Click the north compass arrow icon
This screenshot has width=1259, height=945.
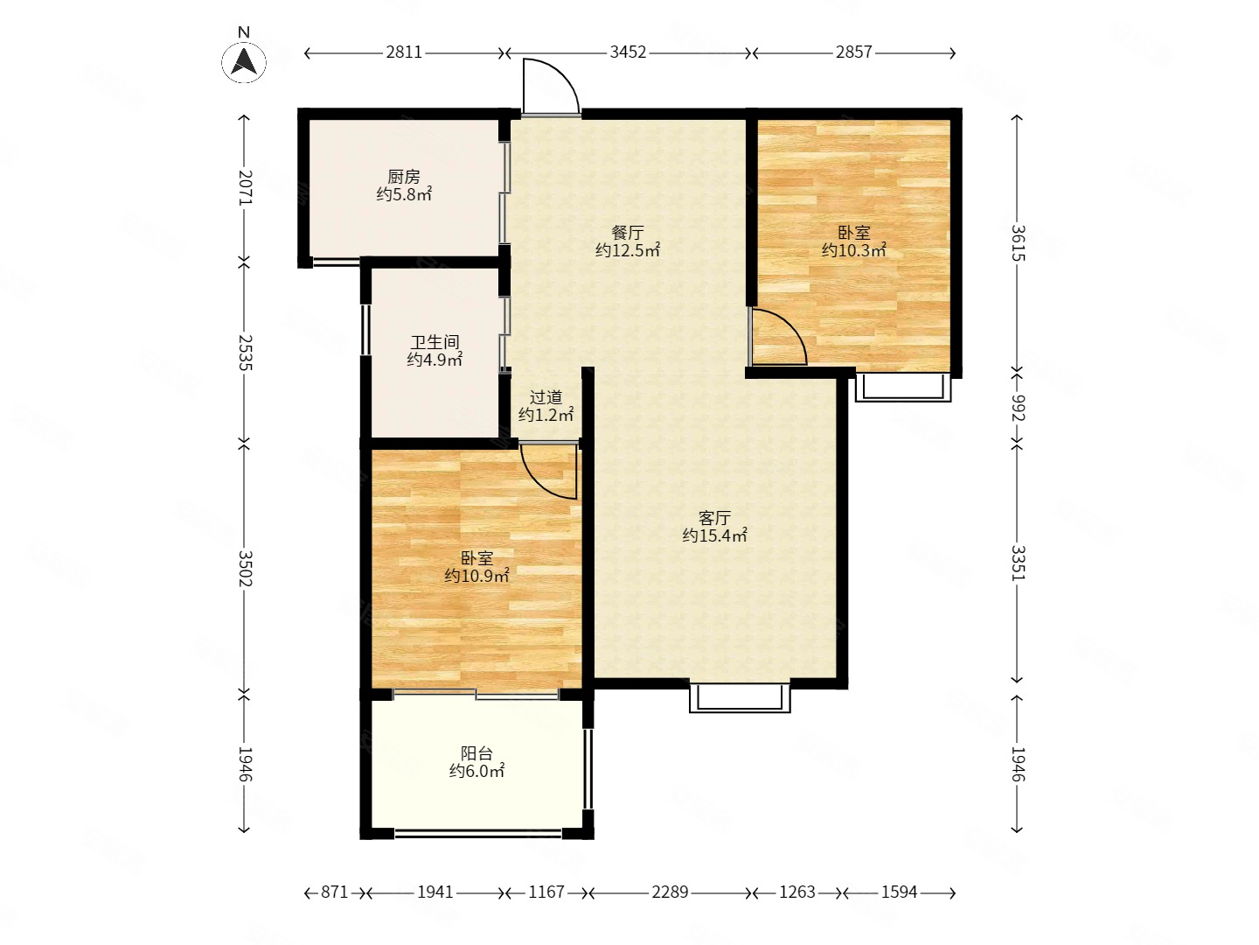click(244, 61)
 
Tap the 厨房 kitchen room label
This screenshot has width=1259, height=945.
click(404, 176)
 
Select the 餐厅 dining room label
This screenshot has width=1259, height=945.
click(628, 233)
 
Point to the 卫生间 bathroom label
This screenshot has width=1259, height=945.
click(435, 342)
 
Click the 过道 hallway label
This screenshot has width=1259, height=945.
click(546, 397)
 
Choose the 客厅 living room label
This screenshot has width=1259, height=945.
click(714, 518)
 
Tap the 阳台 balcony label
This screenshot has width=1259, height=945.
click(476, 752)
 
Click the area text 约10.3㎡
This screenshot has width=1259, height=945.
click(854, 250)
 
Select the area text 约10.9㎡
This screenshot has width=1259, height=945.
click(476, 576)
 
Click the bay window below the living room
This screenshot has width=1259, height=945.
click(740, 697)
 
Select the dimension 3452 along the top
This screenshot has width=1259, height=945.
click(628, 52)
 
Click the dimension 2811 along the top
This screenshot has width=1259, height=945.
click(404, 52)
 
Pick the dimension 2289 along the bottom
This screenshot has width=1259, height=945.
click(670, 892)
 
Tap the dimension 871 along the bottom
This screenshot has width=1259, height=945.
click(334, 892)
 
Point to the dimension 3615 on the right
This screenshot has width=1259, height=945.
click(1017, 242)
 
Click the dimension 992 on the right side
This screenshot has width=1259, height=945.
click(1017, 408)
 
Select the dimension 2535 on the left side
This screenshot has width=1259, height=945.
click(244, 353)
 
